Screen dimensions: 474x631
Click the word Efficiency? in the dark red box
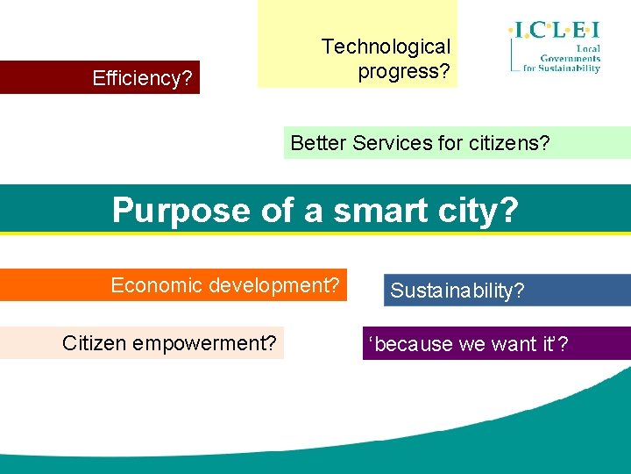click(142, 78)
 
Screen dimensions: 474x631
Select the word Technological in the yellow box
click(386, 47)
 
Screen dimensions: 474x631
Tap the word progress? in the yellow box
click(403, 71)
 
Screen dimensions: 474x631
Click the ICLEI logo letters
click(554, 32)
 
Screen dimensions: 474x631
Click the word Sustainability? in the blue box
click(457, 291)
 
